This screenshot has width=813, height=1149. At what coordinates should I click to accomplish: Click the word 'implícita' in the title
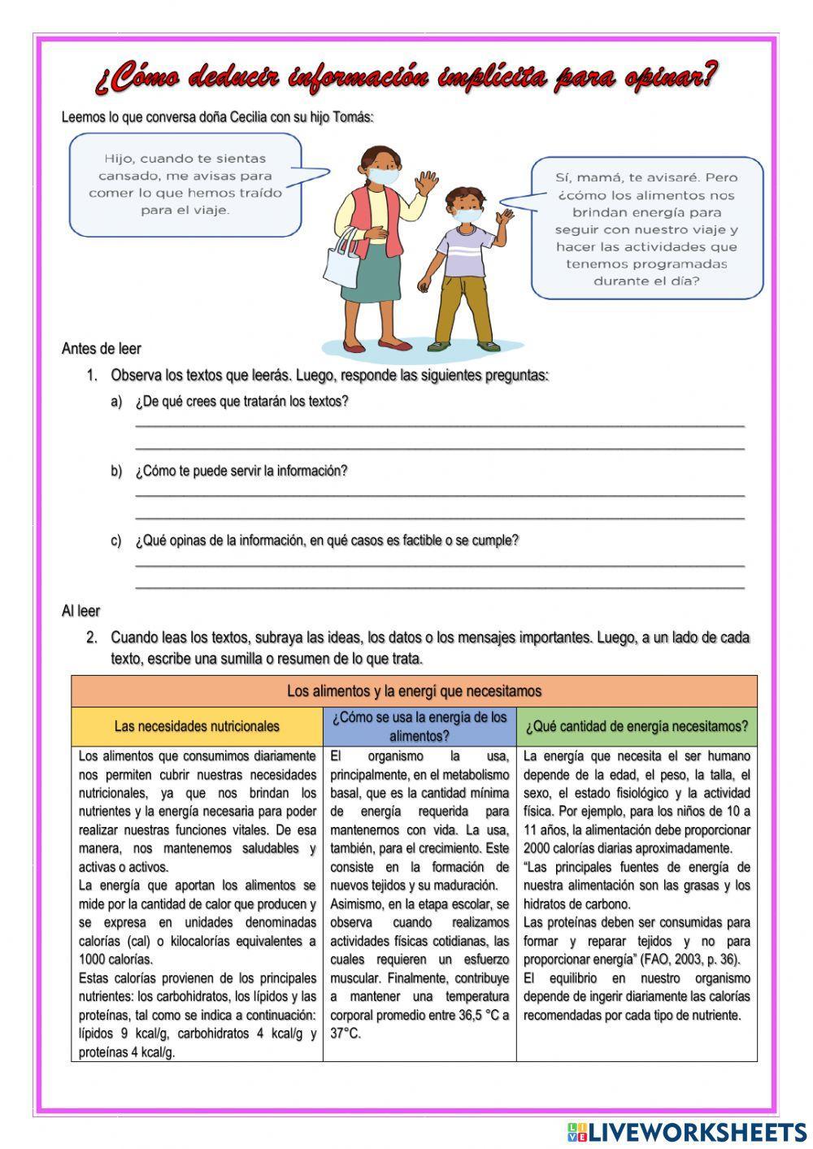click(492, 78)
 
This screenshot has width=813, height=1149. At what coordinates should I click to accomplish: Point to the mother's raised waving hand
click(424, 181)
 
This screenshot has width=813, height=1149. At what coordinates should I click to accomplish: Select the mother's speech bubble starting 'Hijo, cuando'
click(185, 184)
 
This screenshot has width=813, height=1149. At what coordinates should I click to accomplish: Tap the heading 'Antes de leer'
click(102, 349)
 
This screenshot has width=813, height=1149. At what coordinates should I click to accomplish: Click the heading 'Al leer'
click(80, 611)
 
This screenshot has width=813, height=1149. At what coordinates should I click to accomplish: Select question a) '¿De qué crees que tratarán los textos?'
click(241, 402)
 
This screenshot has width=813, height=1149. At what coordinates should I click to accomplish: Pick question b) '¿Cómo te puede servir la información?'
click(241, 471)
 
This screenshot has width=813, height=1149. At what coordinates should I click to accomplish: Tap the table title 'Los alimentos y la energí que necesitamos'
click(414, 691)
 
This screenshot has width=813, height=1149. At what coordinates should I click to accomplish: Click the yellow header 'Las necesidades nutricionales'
click(197, 726)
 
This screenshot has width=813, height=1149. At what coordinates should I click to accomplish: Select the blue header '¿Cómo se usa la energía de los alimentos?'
click(420, 726)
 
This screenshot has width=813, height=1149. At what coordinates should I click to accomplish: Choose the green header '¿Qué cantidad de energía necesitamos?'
click(637, 726)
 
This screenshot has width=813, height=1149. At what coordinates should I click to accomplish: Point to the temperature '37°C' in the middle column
click(346, 1034)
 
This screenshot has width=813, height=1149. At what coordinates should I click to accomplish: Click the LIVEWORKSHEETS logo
click(687, 1131)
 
